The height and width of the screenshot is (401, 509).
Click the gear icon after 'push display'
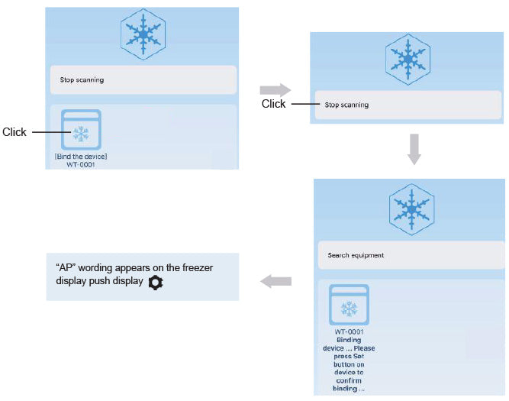tap(156, 283)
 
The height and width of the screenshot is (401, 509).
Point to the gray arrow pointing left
tap(275, 282)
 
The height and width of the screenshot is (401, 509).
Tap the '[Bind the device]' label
tap(80, 157)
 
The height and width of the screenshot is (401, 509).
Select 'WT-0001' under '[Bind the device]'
tap(79, 164)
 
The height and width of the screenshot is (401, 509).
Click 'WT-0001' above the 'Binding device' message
tap(349, 331)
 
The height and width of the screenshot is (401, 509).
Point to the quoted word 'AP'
tap(64, 268)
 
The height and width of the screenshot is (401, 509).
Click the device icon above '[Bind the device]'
tap(79, 131)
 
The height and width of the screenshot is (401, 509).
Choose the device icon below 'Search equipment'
tap(349, 305)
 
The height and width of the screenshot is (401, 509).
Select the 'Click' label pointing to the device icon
tap(14, 132)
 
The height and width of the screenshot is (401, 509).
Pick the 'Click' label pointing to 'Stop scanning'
tap(273, 105)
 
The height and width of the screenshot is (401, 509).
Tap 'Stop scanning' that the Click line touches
tap(346, 105)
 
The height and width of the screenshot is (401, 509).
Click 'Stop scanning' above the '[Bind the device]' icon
tap(82, 79)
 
